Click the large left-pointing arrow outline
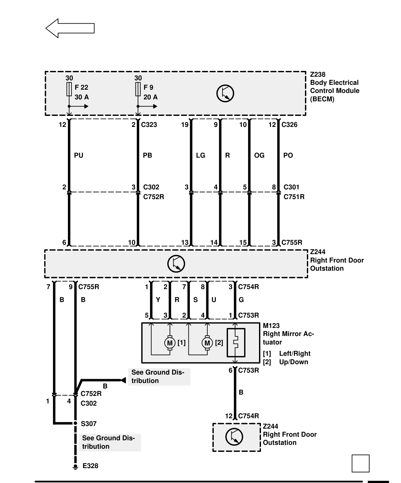(70, 28)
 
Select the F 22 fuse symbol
(69, 89)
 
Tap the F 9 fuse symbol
(138, 89)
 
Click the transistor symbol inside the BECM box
(225, 94)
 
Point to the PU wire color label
(79, 155)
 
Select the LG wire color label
(200, 155)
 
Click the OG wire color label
(259, 155)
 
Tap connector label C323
(149, 125)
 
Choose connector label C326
(289, 125)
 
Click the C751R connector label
(294, 197)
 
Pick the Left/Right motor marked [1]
(170, 343)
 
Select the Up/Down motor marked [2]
(207, 343)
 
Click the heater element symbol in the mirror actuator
(236, 343)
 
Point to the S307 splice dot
(75, 423)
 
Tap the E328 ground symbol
(75, 466)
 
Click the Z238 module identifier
(318, 74)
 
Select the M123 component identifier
(271, 326)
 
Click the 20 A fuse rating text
(150, 97)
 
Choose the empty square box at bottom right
(361, 463)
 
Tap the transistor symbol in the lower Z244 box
(234, 437)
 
